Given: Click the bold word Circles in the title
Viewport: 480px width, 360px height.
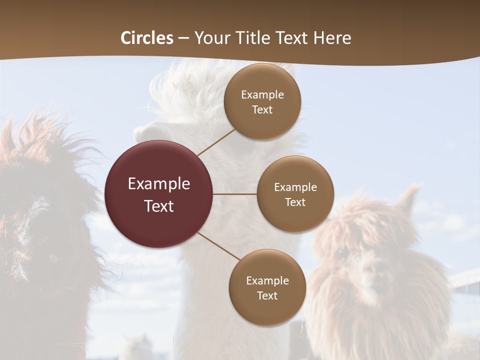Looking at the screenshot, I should (147, 38).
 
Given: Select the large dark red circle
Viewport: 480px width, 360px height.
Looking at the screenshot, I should (159, 194).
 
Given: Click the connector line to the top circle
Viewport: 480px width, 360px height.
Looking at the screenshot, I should (216, 142).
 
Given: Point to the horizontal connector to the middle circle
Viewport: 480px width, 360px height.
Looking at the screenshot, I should (235, 194).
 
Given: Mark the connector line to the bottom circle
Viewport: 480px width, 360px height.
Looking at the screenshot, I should (219, 246).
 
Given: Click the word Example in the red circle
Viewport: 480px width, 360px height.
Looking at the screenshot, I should (159, 183).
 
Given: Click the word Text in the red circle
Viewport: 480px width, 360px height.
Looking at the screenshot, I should (159, 205).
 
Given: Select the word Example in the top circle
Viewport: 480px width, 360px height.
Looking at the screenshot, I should (262, 94).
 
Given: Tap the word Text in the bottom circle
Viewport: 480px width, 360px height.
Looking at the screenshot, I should (267, 295).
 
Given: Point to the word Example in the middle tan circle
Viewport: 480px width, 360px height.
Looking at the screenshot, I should (295, 187).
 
